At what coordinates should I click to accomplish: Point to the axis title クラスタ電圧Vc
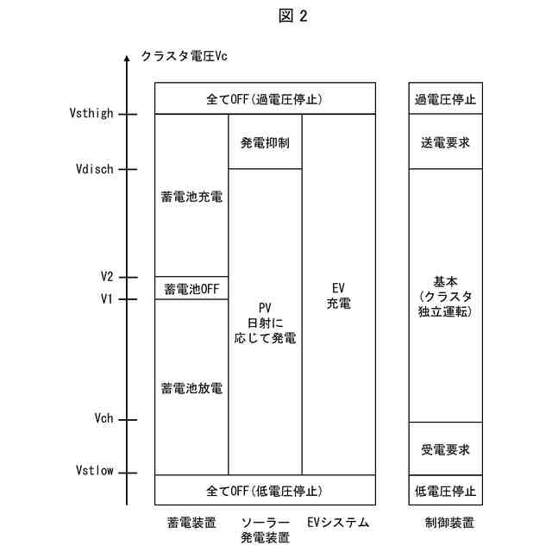(x=184, y=57)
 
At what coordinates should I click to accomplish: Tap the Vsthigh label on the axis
(x=89, y=113)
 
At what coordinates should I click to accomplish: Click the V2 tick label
(x=106, y=277)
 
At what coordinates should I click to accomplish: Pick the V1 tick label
(x=106, y=299)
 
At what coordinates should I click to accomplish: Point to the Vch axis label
(x=103, y=419)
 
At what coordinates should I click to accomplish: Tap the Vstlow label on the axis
(x=93, y=471)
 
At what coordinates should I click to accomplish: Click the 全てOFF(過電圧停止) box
(x=265, y=98)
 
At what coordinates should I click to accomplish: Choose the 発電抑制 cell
(x=265, y=141)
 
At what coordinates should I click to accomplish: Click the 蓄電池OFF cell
(x=191, y=288)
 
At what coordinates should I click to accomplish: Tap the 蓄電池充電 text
(x=191, y=197)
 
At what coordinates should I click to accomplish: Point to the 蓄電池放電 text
(x=191, y=388)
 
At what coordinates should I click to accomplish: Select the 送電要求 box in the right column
(x=445, y=141)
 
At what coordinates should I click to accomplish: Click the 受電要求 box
(x=445, y=449)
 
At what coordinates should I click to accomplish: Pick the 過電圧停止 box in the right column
(x=445, y=98)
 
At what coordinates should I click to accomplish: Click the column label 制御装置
(x=449, y=523)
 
